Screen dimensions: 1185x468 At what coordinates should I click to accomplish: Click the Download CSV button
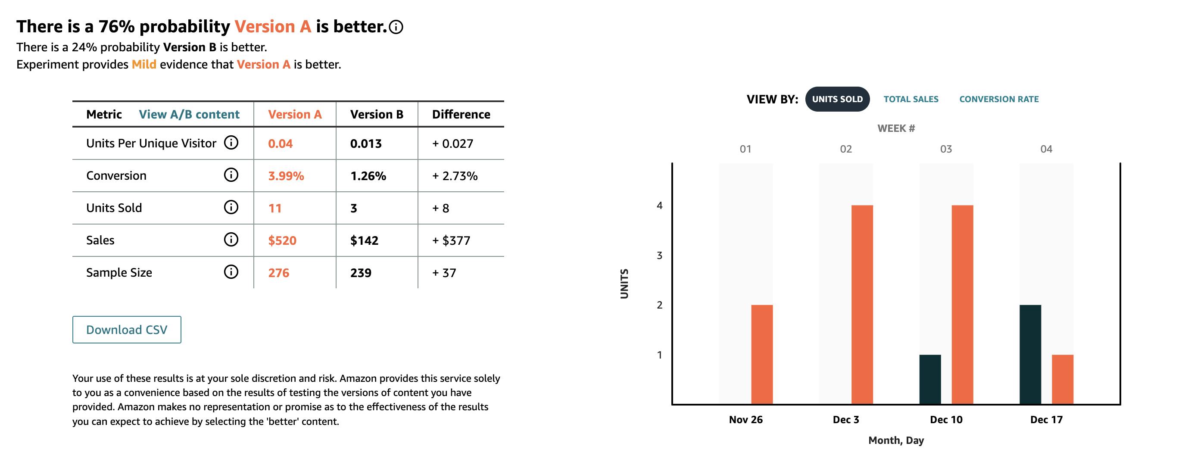click(x=127, y=330)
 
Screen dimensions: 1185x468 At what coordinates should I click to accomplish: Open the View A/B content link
click(x=189, y=114)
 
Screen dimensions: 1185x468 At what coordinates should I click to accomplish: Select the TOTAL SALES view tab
click(x=911, y=99)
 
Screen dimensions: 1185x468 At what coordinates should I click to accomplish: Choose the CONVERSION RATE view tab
click(x=999, y=99)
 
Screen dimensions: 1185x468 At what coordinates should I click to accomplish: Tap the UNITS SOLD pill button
click(x=837, y=99)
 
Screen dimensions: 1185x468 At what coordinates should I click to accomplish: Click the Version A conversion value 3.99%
click(x=286, y=176)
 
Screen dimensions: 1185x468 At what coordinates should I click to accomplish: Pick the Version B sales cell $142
click(x=364, y=240)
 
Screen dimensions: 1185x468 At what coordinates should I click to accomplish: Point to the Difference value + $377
click(x=451, y=240)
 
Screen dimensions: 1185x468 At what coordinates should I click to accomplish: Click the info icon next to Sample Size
click(x=231, y=272)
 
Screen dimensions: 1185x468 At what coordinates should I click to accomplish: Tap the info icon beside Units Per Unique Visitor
click(x=231, y=143)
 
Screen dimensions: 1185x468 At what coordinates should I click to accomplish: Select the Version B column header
click(x=377, y=114)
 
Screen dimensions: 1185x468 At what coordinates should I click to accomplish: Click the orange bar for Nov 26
click(x=762, y=354)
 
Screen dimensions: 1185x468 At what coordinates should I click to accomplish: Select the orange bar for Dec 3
click(x=862, y=305)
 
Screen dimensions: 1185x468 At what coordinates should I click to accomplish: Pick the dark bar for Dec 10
click(x=930, y=379)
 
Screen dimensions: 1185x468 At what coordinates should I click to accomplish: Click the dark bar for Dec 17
click(x=1030, y=354)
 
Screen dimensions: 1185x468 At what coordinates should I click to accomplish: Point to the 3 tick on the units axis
click(x=660, y=256)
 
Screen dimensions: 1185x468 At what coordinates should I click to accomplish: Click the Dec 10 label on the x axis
click(x=946, y=420)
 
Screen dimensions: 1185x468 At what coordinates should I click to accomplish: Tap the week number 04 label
click(x=1046, y=149)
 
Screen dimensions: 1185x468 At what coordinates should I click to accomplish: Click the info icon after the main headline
click(x=396, y=27)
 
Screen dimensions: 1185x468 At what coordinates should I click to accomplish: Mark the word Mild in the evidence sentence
click(x=144, y=64)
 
